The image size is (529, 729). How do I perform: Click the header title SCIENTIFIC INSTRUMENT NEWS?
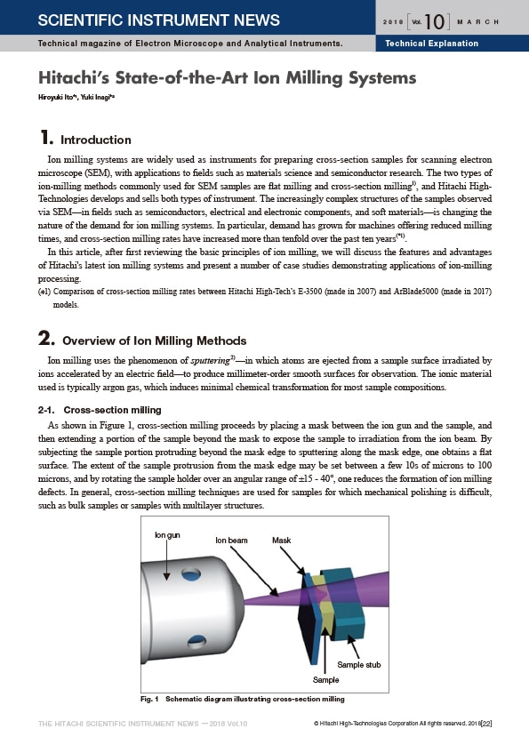[x=158, y=20]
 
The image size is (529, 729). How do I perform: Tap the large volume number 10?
[x=434, y=22]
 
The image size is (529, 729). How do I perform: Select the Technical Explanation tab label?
[x=431, y=44]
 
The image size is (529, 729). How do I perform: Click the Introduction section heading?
[x=96, y=140]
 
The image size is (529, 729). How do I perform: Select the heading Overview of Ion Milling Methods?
[x=155, y=340]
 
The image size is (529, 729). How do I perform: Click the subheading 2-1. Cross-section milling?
[x=100, y=410]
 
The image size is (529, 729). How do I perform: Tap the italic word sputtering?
[x=210, y=361]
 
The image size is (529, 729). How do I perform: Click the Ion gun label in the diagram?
[x=167, y=535]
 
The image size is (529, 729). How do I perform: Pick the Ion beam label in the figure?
[x=231, y=541]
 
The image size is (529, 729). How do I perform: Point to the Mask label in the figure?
[x=281, y=541]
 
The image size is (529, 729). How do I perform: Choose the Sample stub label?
[x=359, y=665]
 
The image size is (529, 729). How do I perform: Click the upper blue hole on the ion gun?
[x=191, y=574]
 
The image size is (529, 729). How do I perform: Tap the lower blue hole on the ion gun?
[x=196, y=642]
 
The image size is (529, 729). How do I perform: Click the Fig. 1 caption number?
[x=149, y=699]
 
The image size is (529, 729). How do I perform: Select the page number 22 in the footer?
[x=486, y=724]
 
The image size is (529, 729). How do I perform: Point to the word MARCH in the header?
[x=477, y=22]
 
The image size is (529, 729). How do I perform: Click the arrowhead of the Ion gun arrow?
[x=166, y=576]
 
